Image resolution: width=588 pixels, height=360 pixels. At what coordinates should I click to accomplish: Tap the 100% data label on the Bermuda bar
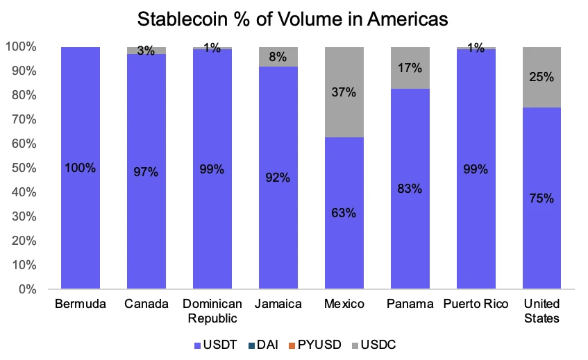coord(80,169)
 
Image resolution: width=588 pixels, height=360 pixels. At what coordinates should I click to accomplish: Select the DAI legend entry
coord(267,344)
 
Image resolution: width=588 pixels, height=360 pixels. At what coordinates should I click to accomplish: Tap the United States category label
coord(541,311)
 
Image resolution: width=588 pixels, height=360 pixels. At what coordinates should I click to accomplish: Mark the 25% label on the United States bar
coord(541,77)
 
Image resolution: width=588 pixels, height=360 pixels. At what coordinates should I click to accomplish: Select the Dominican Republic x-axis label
coord(212,311)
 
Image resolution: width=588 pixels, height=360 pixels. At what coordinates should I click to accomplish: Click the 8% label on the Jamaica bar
coord(278,57)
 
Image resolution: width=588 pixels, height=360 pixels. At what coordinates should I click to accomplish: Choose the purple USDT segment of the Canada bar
coord(146,208)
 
